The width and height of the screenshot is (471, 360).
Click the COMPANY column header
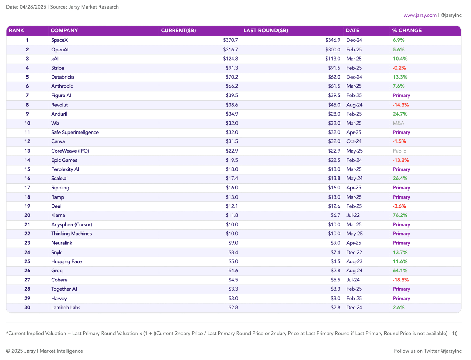tap(64, 31)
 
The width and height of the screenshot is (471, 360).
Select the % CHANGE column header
tap(407, 31)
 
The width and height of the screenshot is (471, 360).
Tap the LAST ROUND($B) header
tap(266, 31)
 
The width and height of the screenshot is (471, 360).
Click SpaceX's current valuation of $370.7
tap(230, 40)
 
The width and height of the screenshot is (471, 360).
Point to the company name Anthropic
tap(62, 86)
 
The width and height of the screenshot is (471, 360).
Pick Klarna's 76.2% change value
tap(400, 215)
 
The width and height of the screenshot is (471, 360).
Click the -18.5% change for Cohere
tap(401, 280)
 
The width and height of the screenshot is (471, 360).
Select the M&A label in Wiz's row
tap(399, 123)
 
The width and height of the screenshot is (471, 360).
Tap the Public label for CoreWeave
tap(399, 151)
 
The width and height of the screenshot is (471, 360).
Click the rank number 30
tap(27, 307)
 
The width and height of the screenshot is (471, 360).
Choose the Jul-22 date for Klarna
tap(353, 215)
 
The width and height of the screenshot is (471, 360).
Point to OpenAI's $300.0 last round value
tap(333, 49)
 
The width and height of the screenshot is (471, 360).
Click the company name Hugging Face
tap(67, 261)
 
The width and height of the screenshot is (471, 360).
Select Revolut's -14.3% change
tap(401, 105)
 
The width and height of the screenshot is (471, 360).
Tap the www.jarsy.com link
tap(420, 15)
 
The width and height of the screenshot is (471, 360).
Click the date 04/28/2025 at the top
tap(33, 7)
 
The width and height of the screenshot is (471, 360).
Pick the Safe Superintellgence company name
tap(75, 132)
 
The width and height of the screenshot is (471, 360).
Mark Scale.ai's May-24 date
tap(354, 178)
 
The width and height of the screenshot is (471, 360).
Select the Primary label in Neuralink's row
tap(402, 243)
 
